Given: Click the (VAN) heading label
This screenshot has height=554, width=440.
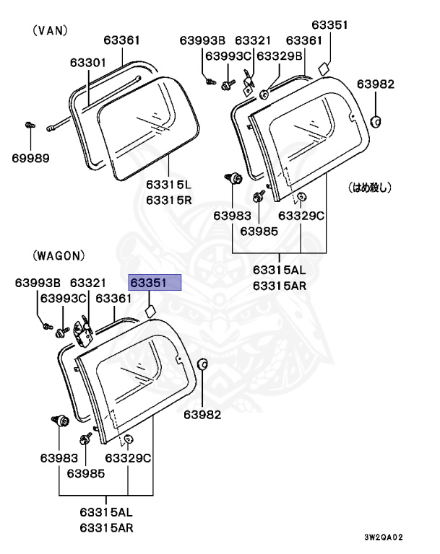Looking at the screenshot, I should (x=50, y=30).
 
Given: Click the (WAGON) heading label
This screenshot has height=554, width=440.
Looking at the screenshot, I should (x=59, y=255).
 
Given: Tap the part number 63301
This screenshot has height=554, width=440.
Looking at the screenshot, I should (x=88, y=63).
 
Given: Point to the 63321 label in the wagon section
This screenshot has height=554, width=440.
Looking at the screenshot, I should (x=87, y=282).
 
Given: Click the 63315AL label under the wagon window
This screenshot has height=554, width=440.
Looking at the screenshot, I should (x=106, y=513).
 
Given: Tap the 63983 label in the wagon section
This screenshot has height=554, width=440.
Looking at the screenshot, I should (x=59, y=458).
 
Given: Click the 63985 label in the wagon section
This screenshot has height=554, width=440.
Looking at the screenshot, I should (x=86, y=473).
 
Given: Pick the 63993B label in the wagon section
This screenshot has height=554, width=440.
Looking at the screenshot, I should (x=38, y=282).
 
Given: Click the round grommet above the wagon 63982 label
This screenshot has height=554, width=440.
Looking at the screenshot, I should (x=202, y=363).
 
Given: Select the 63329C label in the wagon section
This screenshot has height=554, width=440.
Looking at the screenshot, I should (x=128, y=458).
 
